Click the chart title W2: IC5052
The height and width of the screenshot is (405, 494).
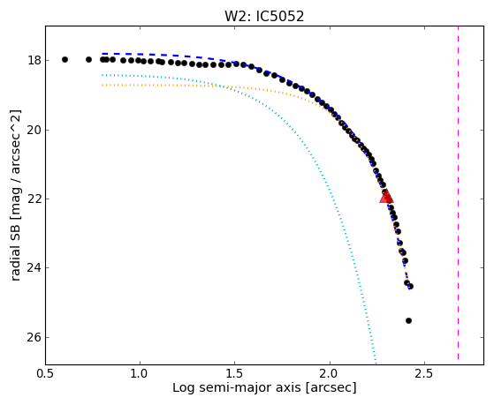(264, 17)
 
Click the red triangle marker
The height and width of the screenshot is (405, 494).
(386, 197)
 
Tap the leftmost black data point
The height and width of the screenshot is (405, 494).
(65, 59)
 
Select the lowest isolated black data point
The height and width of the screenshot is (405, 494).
(408, 320)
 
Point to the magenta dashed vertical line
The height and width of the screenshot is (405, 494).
(458, 192)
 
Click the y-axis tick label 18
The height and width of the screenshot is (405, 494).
(34, 60)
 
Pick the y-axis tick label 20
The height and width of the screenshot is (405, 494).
(34, 130)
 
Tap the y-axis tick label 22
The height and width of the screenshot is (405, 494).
(34, 199)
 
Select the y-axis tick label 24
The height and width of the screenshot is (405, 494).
(34, 268)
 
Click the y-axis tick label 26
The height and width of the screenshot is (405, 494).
(34, 337)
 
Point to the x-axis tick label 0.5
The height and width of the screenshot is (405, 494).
(45, 373)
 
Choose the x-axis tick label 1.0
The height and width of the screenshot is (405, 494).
(140, 373)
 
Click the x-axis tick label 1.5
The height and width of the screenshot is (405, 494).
(234, 373)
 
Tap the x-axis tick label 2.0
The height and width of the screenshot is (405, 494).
(330, 373)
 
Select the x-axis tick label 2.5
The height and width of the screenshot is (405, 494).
(424, 373)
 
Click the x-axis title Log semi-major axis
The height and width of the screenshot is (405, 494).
(237, 387)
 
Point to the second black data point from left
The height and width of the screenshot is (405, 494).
(89, 59)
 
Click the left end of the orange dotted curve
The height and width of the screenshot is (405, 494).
(103, 85)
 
